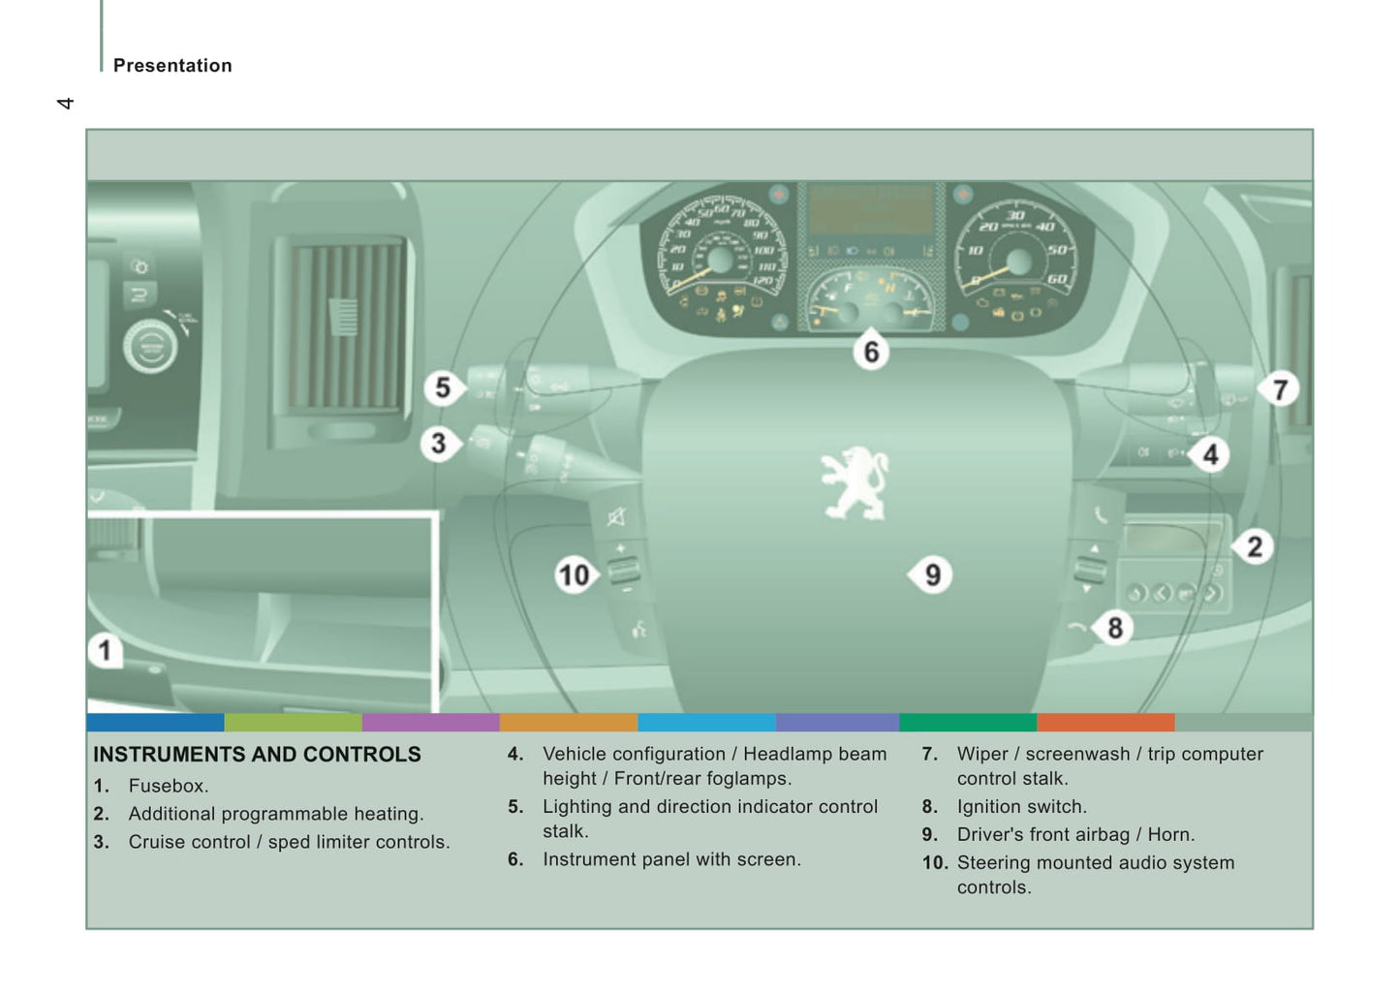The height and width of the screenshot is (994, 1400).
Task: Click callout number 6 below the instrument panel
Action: point(871,352)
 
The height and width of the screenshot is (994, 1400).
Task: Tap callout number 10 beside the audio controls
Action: point(574,575)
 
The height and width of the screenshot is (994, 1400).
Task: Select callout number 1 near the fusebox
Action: point(105,650)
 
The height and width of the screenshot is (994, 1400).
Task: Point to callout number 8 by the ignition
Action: point(1114,628)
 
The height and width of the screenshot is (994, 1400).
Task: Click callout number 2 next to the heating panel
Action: point(1254,547)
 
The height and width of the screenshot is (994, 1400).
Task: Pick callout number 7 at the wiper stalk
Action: point(1280,389)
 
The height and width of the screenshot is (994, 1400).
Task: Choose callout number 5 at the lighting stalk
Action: point(443,388)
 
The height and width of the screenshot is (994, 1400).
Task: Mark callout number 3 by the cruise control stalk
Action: point(439,444)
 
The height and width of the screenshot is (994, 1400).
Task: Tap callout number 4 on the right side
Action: point(1210,454)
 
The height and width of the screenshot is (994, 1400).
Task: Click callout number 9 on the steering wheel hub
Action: point(932,575)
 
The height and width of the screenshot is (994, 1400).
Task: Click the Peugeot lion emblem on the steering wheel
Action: point(854,482)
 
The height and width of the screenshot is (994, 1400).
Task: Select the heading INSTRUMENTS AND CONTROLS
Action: point(257,755)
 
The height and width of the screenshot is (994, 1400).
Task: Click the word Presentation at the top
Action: point(172,66)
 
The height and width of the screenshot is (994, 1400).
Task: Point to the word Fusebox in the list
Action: point(168,786)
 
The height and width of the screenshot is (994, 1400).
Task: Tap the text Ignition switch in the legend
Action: point(1021,807)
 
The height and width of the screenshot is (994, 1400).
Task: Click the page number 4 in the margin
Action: point(65,103)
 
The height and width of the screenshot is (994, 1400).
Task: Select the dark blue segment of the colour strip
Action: point(155,723)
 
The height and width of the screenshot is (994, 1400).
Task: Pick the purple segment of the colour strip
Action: point(430,723)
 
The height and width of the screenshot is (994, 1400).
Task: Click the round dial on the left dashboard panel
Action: point(149,347)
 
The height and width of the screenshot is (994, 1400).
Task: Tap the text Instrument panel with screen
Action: point(671,859)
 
